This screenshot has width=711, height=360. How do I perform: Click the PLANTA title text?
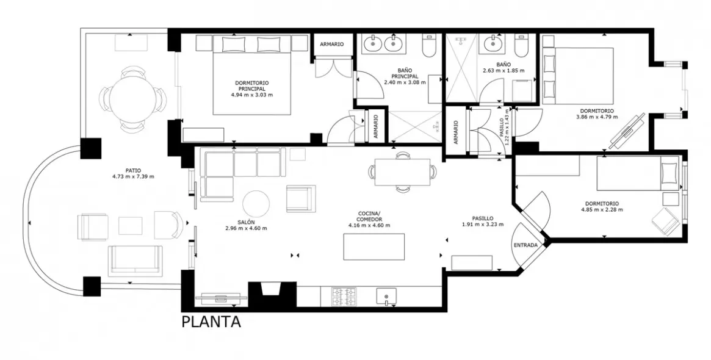pos(211,322)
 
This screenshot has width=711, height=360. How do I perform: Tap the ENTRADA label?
pos(525,245)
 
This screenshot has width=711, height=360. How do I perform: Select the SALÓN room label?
pos(246,222)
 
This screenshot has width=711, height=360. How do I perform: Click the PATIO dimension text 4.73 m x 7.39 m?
pos(133,177)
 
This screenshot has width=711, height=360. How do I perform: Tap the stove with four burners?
pos(344,297)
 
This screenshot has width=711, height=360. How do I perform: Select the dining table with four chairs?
pos(403,171)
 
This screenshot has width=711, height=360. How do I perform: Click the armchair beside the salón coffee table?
pos(300,198)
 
